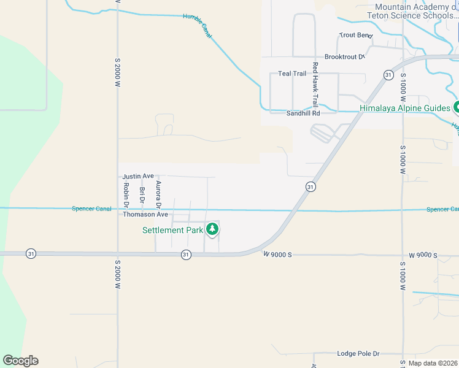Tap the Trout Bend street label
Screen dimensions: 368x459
(355, 36)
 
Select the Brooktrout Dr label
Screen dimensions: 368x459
(344, 57)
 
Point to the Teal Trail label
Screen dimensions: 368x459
(292, 74)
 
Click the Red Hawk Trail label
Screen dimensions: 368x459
(315, 84)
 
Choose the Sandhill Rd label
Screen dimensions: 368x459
(303, 113)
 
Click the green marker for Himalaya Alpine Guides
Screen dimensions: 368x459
(457, 107)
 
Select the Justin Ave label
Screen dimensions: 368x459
(138, 176)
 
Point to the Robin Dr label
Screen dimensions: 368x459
(126, 192)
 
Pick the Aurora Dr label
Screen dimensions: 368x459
(158, 193)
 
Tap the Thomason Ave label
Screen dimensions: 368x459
(145, 215)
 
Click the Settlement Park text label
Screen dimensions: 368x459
(172, 230)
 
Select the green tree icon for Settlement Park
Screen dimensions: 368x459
(212, 229)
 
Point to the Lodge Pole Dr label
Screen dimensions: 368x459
(358, 354)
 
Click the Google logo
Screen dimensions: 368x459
(20, 361)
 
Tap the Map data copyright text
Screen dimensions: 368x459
(433, 363)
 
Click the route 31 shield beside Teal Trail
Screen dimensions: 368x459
(388, 75)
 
